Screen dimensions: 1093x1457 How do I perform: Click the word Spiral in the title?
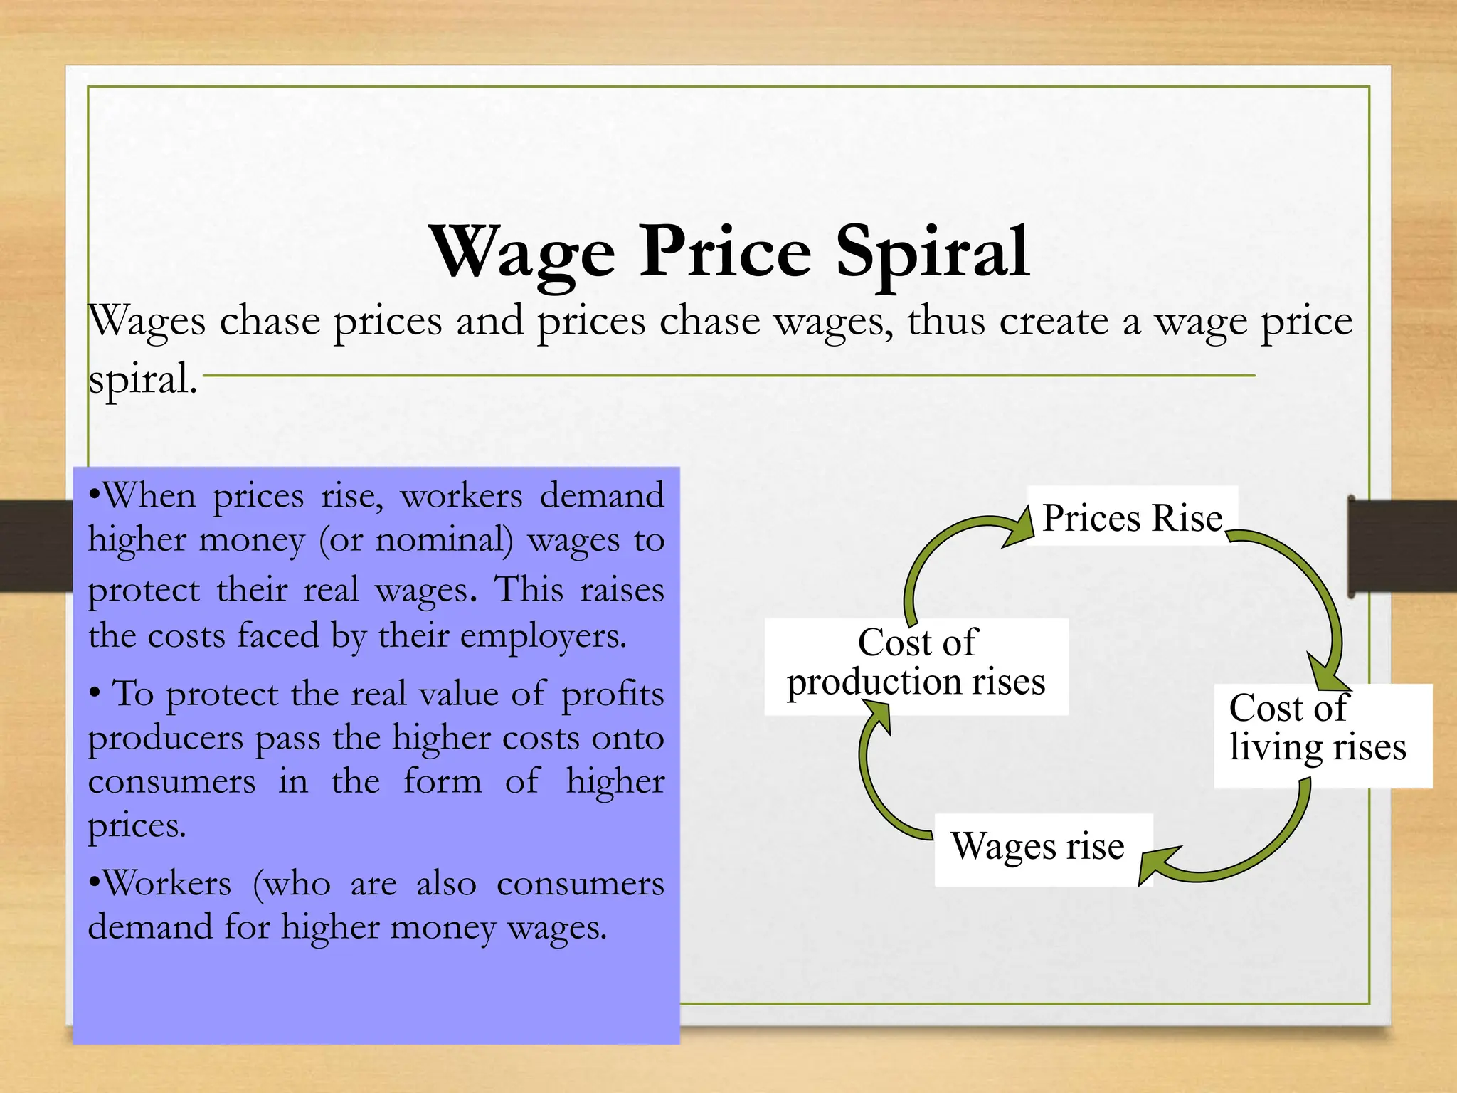pyautogui.click(x=932, y=253)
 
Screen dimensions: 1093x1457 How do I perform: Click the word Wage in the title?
pyautogui.click(x=523, y=253)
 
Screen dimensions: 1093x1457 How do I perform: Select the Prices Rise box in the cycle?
pyautogui.click(x=1132, y=517)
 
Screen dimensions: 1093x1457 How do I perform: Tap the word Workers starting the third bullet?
pyautogui.click(x=168, y=885)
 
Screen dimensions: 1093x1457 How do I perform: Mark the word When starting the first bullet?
pyautogui.click(x=149, y=496)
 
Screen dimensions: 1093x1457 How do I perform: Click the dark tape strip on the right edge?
pyautogui.click(x=1402, y=546)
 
